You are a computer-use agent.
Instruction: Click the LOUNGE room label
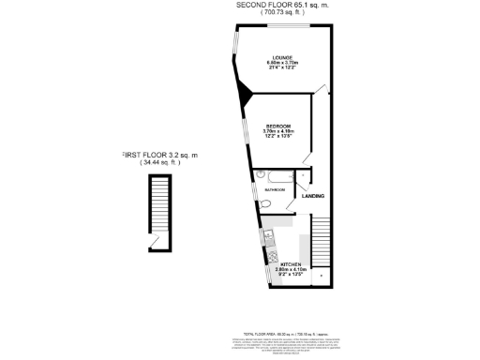coord(278,58)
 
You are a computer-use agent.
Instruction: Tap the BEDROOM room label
coord(278,126)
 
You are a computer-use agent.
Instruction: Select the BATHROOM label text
coord(275,190)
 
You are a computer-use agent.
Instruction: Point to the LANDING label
coord(313,196)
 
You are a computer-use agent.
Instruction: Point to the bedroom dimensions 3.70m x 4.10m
coord(278,131)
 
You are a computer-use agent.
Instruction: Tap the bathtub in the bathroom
coord(278,174)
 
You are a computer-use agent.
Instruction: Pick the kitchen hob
coord(271,253)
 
